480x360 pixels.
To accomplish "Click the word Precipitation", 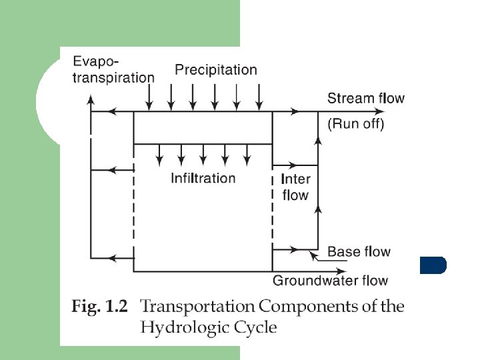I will click(x=215, y=69).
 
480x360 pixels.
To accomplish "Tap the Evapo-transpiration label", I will click(x=113, y=70).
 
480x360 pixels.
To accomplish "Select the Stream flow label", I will click(x=365, y=99).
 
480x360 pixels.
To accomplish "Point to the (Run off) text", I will click(x=355, y=123).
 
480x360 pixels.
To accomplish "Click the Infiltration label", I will click(x=203, y=178).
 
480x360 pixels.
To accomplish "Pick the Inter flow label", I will click(x=295, y=187).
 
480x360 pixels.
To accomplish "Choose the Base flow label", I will click(x=359, y=251).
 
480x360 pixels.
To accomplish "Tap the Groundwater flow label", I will click(x=330, y=281).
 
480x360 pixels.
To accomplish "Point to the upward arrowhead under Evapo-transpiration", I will click(x=91, y=99).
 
